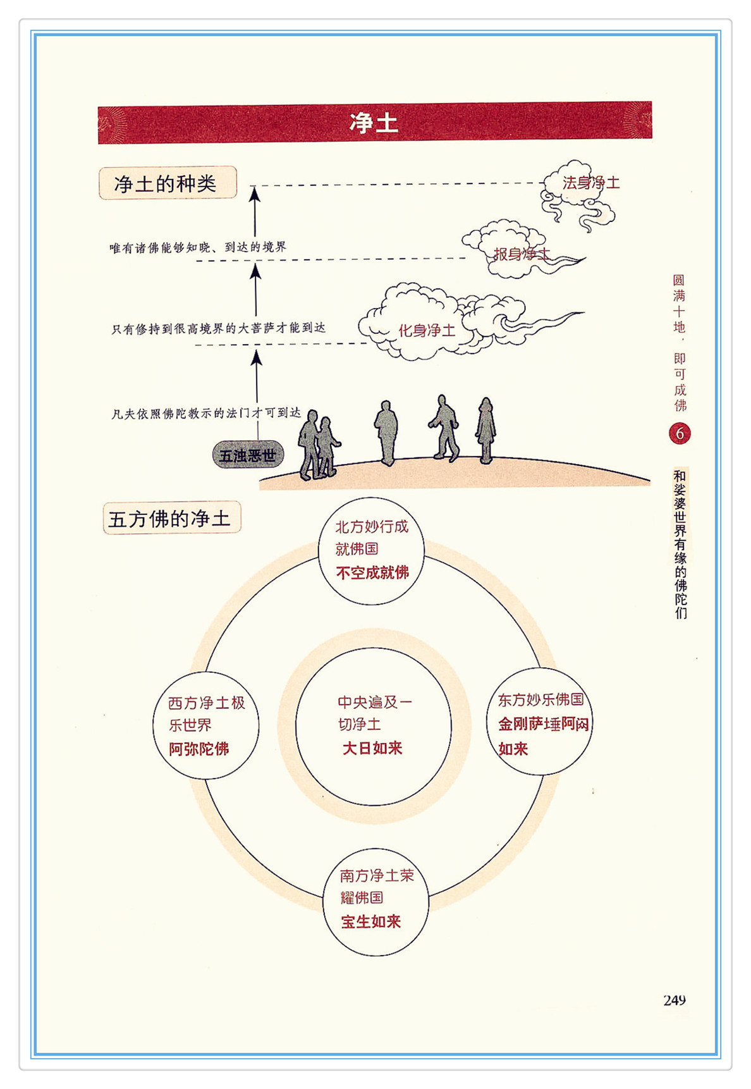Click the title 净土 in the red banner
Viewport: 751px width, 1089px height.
(374, 123)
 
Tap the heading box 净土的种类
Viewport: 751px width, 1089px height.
(167, 183)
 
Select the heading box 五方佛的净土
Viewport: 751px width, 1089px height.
(171, 519)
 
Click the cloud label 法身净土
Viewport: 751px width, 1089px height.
(590, 183)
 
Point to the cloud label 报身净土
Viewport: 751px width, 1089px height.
(522, 254)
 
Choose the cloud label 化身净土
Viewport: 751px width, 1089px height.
(427, 331)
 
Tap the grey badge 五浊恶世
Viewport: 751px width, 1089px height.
(247, 455)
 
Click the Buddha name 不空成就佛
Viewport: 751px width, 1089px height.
(372, 573)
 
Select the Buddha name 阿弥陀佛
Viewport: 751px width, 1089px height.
(198, 749)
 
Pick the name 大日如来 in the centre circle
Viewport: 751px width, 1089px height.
(372, 749)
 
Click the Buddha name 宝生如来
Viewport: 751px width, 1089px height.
(371, 922)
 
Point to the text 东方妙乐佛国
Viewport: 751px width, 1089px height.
(540, 700)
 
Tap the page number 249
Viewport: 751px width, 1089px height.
(675, 1000)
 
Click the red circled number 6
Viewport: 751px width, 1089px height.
(680, 434)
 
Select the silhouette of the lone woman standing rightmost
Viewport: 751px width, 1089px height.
(485, 430)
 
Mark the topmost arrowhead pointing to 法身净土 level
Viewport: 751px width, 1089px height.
(254, 194)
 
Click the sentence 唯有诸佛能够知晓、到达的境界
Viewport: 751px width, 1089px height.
(198, 247)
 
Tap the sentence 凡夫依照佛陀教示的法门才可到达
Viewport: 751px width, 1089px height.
(206, 414)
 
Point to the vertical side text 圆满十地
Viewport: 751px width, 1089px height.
(679, 304)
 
